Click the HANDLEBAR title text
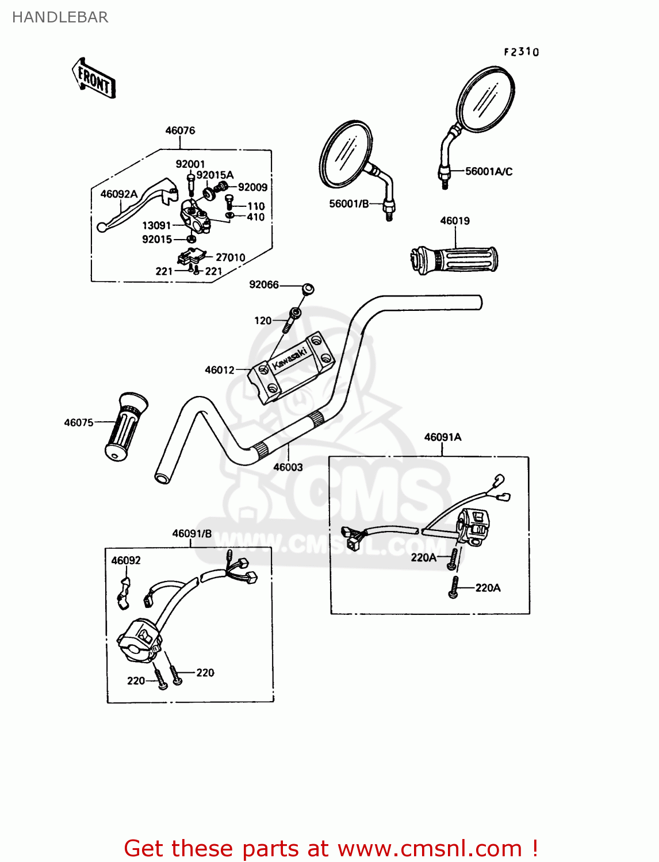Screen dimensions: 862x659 (x=60, y=17)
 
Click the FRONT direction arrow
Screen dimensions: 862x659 (x=94, y=79)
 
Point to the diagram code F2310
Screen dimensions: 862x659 (x=522, y=52)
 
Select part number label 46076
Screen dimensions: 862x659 (x=180, y=130)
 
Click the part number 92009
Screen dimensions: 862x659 (x=252, y=187)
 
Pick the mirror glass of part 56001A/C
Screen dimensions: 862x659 (x=485, y=99)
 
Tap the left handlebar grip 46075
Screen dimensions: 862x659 (x=125, y=427)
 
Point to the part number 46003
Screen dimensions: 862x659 (x=288, y=467)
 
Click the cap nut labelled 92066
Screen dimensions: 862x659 (x=308, y=289)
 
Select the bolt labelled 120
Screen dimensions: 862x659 (x=293, y=317)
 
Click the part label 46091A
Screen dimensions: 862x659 (x=442, y=437)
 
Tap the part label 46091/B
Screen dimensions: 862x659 (x=191, y=533)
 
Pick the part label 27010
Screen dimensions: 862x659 (x=230, y=257)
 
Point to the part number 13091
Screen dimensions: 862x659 (x=156, y=225)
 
